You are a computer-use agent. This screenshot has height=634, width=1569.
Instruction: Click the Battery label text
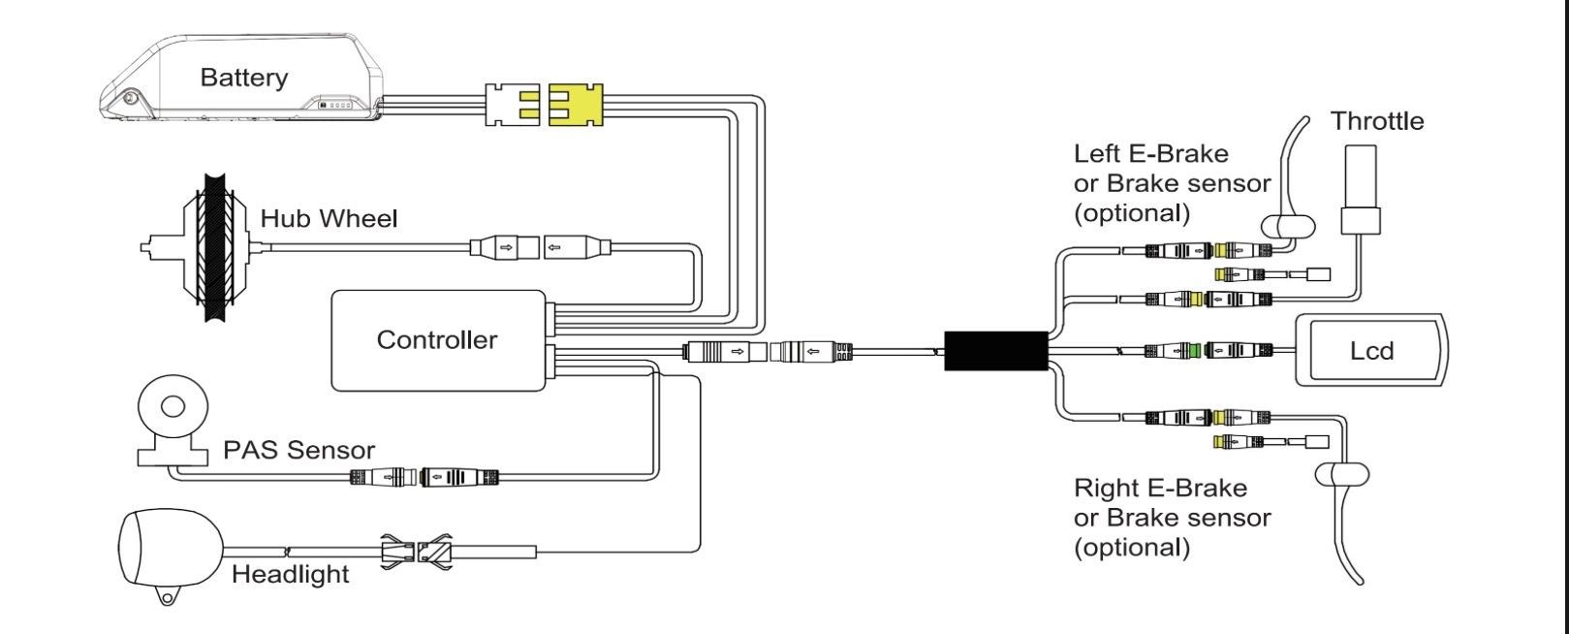tap(244, 77)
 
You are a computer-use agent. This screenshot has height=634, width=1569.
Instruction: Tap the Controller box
tap(438, 340)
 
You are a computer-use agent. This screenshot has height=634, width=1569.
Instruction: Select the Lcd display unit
tap(1371, 350)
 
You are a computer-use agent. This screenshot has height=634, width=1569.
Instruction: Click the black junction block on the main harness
tap(996, 351)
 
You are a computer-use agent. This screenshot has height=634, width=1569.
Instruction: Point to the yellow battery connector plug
tap(576, 105)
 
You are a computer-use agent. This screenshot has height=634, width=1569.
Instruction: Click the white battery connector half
tap(512, 105)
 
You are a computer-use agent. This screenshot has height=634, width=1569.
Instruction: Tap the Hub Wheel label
tap(329, 218)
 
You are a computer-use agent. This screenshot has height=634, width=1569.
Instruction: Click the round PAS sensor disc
tap(173, 406)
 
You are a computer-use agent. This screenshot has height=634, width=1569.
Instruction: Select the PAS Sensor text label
tap(298, 450)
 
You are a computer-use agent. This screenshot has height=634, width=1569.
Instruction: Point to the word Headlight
tap(290, 574)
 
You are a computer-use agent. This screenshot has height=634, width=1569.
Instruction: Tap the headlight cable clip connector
tap(416, 552)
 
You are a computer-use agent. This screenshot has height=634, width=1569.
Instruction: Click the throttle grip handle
tap(1361, 189)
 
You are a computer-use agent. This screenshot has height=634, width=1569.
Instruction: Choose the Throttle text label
tap(1377, 121)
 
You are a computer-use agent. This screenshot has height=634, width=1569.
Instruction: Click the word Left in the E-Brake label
tap(1096, 153)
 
